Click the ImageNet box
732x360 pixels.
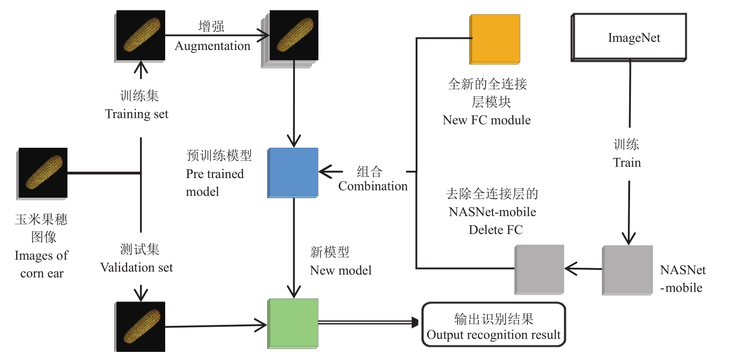coord(629,38)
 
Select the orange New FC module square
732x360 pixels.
coord(495,39)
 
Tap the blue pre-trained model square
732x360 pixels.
coord(293,173)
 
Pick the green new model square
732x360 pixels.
coord(293,323)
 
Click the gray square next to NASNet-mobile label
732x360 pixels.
coord(627,270)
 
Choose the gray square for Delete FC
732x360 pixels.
coord(540,269)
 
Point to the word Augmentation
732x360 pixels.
coord(212,46)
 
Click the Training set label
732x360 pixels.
coord(137,114)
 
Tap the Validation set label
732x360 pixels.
coord(137,268)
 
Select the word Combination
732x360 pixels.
coord(373,186)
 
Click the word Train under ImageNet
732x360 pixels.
coord(627,163)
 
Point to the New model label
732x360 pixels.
coord(341,270)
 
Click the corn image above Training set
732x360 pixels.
coord(140,35)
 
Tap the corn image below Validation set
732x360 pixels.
coord(140,327)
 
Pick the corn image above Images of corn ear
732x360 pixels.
coord(43,173)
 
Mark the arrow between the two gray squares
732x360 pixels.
coord(583,269)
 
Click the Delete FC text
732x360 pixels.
coord(495,230)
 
